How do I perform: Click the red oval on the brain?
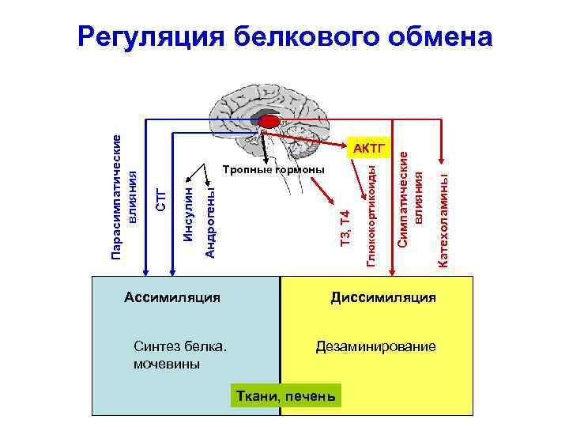pos(269,121)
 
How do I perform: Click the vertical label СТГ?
pos(161,198)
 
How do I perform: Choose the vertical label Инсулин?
pos(187,213)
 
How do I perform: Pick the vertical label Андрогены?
pos(210,222)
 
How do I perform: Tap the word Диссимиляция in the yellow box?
pos(382,298)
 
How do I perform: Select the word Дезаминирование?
pos(375,347)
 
